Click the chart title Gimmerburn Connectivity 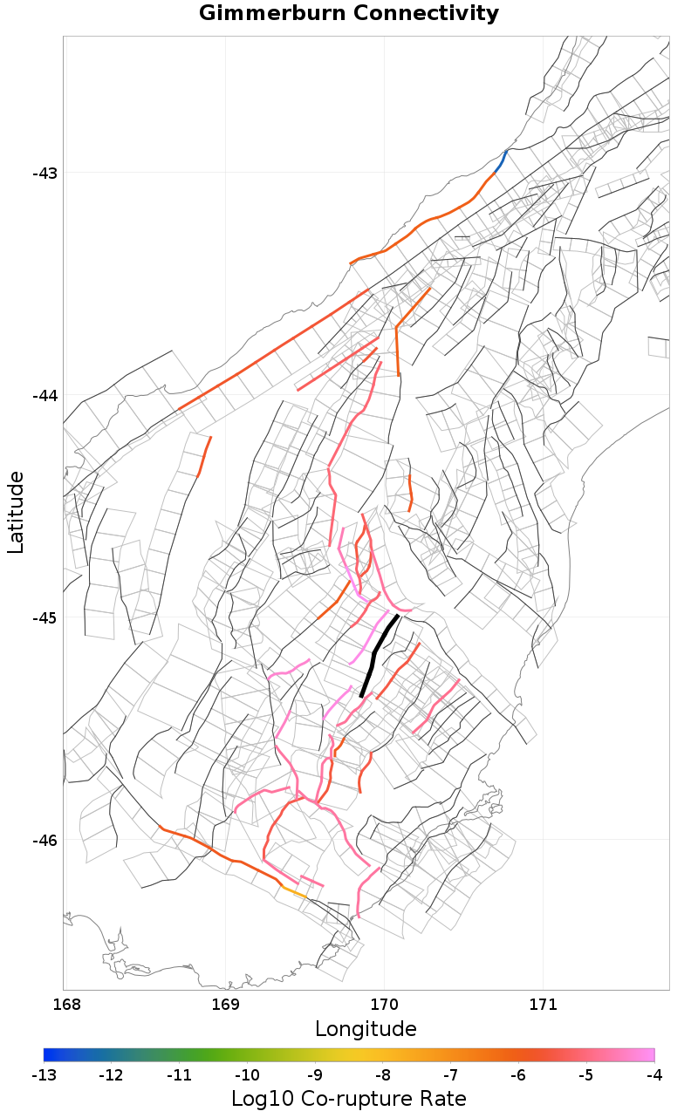(x=349, y=14)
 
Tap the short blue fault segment (x=501, y=160)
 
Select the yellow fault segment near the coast (x=294, y=891)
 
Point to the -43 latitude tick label (x=44, y=173)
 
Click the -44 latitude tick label (x=44, y=395)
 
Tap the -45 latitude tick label (x=44, y=617)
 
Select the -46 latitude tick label (x=44, y=840)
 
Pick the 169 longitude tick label (x=225, y=1005)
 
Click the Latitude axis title (x=16, y=512)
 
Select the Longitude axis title (x=366, y=1029)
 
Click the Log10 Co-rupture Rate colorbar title (x=349, y=1098)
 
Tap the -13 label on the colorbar (x=44, y=1074)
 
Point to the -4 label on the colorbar (x=654, y=1074)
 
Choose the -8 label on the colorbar (x=383, y=1074)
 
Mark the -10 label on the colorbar (x=247, y=1074)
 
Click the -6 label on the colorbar (x=518, y=1074)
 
